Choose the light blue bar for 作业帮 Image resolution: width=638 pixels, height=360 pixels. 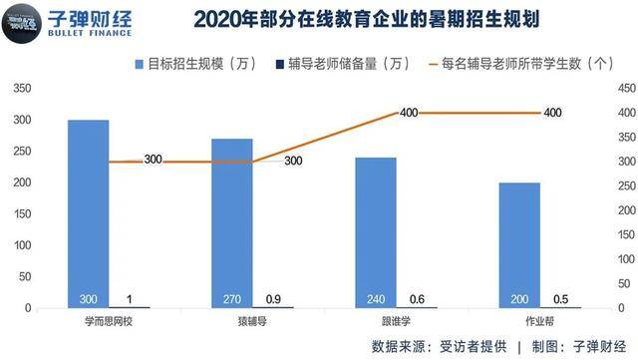pos(519,244)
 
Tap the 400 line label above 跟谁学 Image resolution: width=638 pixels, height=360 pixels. pos(408,113)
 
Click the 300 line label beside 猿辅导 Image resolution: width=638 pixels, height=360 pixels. pos(293,161)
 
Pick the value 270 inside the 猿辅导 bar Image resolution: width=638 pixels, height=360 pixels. pos(231,298)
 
